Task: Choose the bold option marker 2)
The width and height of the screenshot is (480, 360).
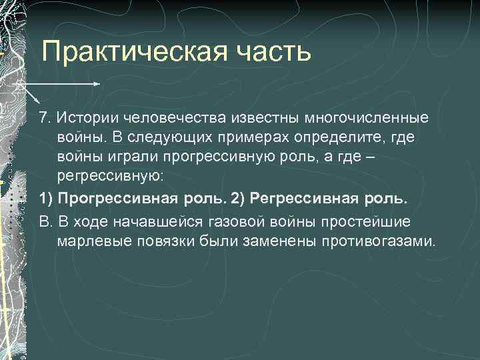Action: pyautogui.click(x=237, y=199)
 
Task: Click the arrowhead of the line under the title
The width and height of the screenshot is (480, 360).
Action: pyautogui.click(x=97, y=85)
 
